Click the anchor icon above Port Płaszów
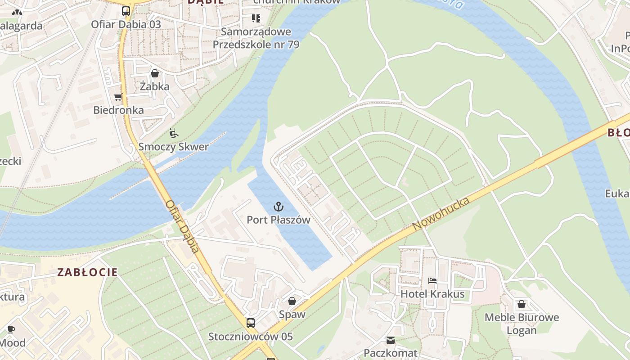coord(279,207)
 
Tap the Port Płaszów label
coord(279,220)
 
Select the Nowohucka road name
coord(441,213)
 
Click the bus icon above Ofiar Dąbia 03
coord(126,11)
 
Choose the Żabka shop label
coord(154,86)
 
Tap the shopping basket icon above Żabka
coord(155,73)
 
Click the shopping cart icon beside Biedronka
coord(118,97)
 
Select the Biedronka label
coord(118,110)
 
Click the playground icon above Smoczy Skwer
coord(173,133)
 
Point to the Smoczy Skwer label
coord(173,147)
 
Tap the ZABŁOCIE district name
coord(87,272)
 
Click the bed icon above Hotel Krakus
coord(432,281)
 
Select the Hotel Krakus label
coord(432,295)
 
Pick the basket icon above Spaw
coord(292,301)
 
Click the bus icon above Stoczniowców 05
coord(250,323)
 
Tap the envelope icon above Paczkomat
coord(391,340)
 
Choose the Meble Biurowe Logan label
coord(522,324)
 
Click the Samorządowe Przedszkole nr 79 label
coord(256,38)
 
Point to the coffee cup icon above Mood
coord(11,329)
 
